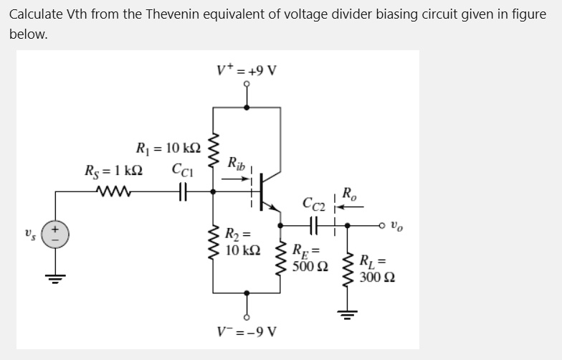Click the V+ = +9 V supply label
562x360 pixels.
tap(247, 70)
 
